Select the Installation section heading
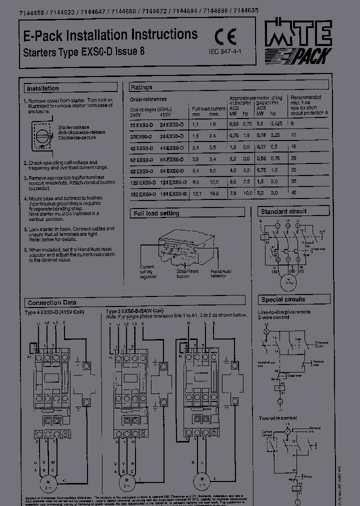point(43,88)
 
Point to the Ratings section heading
point(141,87)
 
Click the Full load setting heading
point(156,213)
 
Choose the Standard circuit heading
point(283,211)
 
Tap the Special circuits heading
point(283,299)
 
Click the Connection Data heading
point(52,303)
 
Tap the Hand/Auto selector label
point(221,273)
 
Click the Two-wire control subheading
point(277,417)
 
